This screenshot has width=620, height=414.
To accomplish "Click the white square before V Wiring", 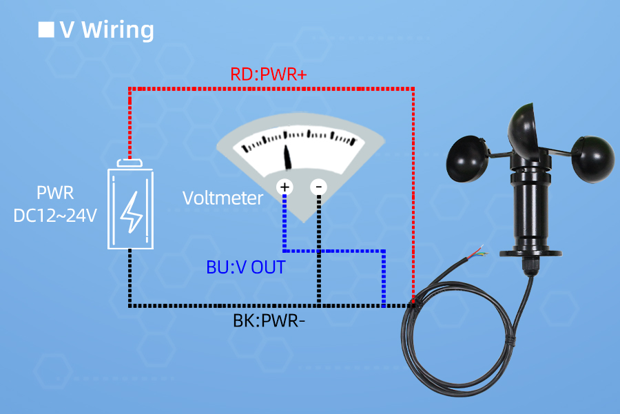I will click(45, 30).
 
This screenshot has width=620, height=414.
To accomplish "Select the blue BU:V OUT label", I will click(246, 267).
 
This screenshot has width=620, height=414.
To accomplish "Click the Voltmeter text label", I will click(223, 198).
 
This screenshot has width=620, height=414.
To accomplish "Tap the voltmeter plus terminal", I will click(285, 187).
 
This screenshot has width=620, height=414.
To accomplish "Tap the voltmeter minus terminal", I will click(318, 187).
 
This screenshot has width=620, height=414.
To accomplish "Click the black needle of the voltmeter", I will click(288, 156).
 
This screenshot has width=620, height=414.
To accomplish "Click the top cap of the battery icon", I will click(130, 163).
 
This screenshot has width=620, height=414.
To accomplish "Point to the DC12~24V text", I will click(55, 216).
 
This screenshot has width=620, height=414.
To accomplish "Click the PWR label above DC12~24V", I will click(55, 194).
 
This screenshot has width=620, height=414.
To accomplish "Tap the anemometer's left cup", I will click(468, 157).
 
